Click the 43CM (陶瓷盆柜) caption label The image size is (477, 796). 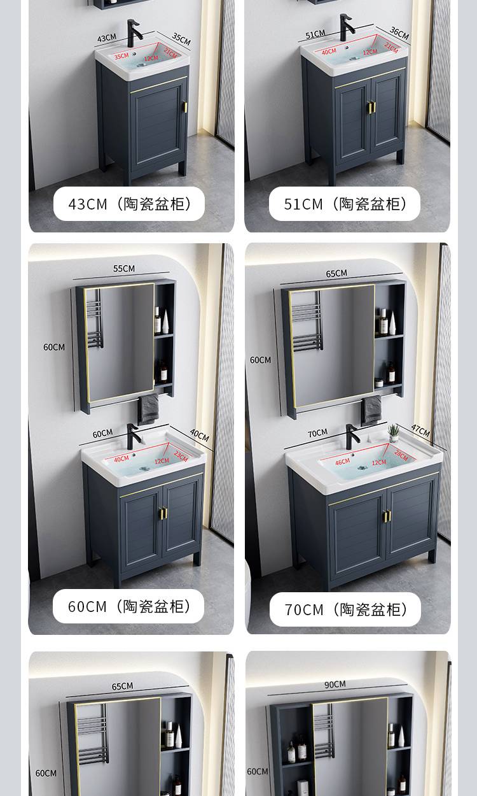click(129, 204)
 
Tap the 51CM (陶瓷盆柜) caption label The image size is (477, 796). click(345, 204)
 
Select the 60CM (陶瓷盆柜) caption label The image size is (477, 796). click(128, 606)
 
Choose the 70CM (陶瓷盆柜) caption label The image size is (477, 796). click(345, 609)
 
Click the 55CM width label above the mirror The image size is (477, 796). click(124, 268)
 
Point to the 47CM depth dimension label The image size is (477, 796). click(420, 430)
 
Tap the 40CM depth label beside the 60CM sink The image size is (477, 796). click(200, 435)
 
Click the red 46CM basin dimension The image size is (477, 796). click(343, 462)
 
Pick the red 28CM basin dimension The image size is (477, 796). click(401, 455)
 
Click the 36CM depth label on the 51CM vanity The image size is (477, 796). click(399, 32)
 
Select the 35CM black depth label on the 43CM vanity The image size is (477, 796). click(181, 39)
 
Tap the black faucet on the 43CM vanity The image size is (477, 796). click(134, 33)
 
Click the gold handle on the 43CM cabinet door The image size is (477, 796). click(185, 107)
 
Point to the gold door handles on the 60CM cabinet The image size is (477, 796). click(163, 513)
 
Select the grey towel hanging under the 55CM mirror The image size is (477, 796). click(148, 409)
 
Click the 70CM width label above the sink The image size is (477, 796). click(317, 433)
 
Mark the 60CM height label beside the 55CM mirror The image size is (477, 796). click(54, 347)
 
